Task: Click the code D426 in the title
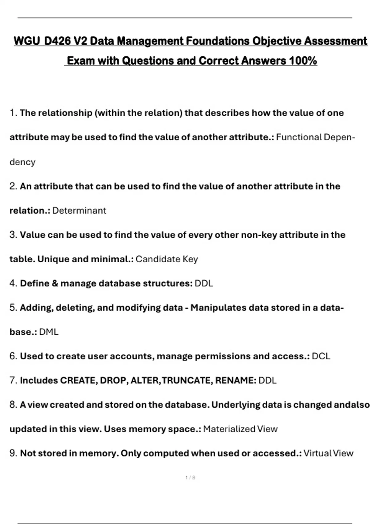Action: pos(58,41)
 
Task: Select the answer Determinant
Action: pos(79,211)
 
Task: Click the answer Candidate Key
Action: pos(166,259)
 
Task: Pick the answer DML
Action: pos(49,332)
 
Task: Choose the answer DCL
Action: pos(321,356)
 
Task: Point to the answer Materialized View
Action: pos(240,429)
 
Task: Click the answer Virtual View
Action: pos(328,453)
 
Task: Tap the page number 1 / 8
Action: pos(190,478)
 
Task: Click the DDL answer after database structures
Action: pos(204,283)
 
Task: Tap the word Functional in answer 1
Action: pos(299,137)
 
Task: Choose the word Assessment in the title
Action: pos(336,41)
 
